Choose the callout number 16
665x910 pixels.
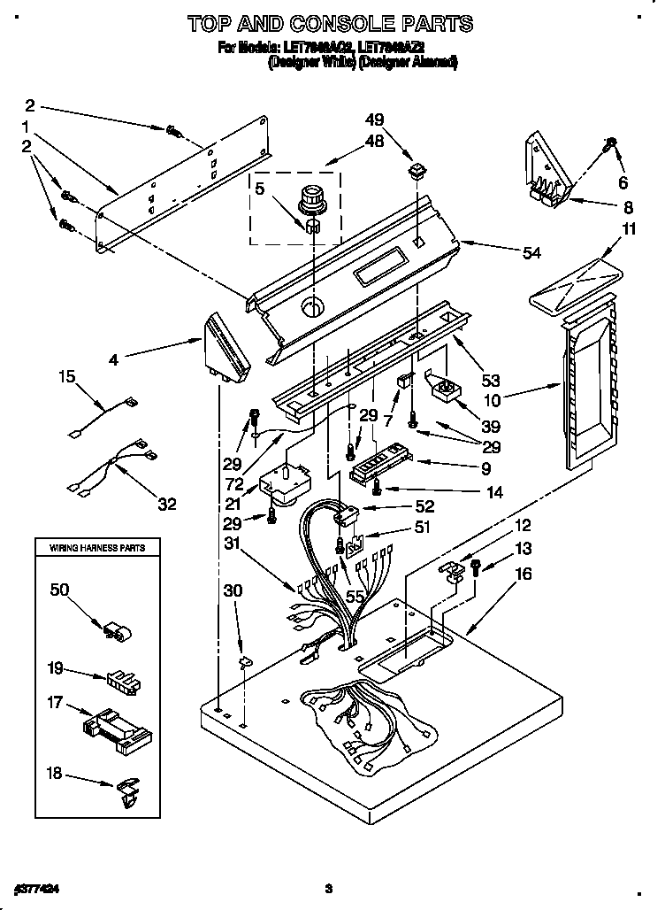[x=524, y=575]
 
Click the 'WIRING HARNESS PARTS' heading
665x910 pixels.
[x=97, y=549]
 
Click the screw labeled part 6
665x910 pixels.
[x=609, y=145]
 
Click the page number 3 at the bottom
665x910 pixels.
[x=327, y=888]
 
